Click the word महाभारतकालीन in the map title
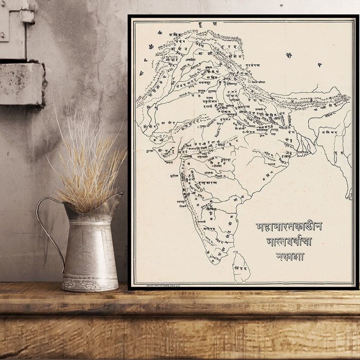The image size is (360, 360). (289, 227)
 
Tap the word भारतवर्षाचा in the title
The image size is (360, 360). (289, 241)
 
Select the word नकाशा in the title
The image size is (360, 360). (290, 256)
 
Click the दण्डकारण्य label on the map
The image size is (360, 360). (207, 183)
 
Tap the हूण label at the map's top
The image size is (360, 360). (208, 24)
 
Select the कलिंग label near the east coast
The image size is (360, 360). (268, 173)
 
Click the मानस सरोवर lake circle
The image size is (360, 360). (249, 82)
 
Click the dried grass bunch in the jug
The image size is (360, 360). (88, 163)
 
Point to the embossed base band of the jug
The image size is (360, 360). (90, 284)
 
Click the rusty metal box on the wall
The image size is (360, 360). (22, 84)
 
